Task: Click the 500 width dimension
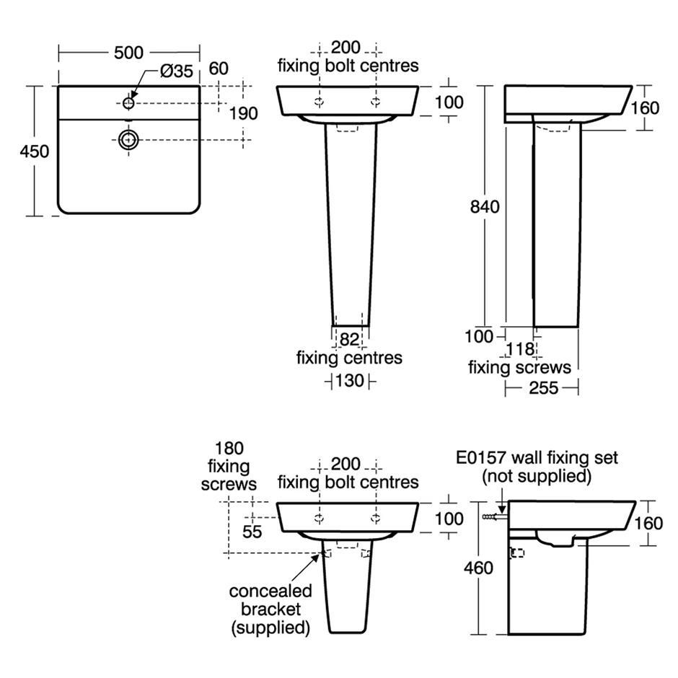click(x=128, y=53)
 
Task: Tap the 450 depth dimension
click(x=35, y=151)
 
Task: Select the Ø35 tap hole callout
click(x=177, y=71)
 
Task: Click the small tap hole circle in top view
click(x=128, y=103)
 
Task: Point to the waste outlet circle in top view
click(x=128, y=140)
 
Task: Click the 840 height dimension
click(x=485, y=207)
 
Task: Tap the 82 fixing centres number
click(x=349, y=340)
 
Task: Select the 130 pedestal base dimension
click(x=349, y=381)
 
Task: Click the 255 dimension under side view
click(x=544, y=388)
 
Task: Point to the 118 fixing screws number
click(x=520, y=349)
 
